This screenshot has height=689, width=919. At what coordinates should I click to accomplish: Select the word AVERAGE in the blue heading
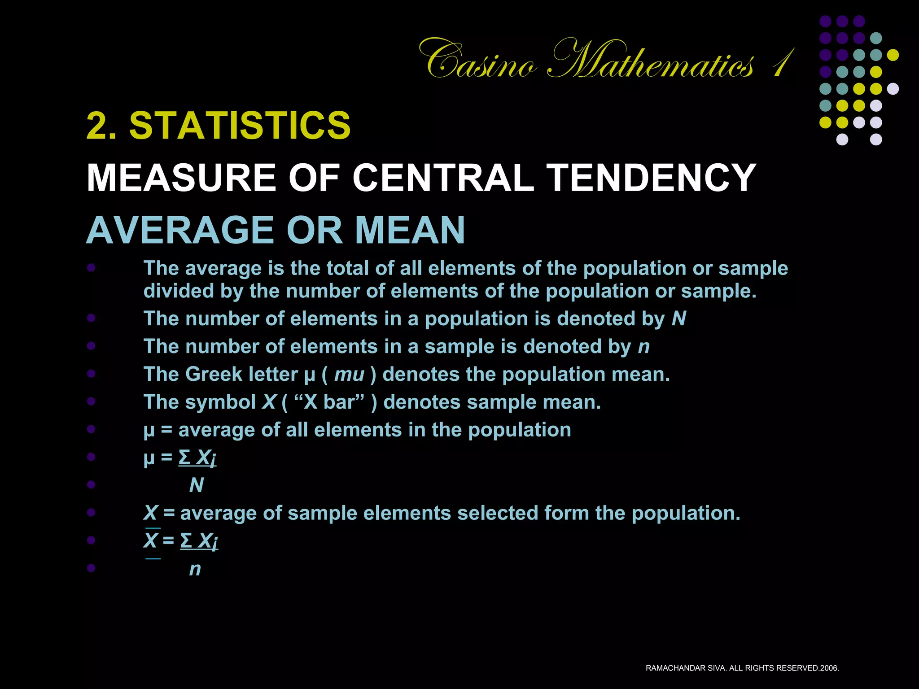(x=180, y=230)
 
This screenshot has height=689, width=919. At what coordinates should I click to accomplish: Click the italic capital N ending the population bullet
(x=679, y=319)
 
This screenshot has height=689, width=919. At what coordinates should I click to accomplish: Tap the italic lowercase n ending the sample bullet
(x=644, y=347)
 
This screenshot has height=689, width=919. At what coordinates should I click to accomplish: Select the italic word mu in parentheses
(x=349, y=375)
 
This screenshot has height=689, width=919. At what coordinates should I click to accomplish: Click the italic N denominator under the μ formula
(x=197, y=485)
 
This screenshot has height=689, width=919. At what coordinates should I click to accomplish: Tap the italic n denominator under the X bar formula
(x=195, y=569)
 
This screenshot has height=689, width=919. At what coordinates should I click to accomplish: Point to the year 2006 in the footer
(x=829, y=668)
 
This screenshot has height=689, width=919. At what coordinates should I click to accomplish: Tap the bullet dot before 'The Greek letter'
(x=92, y=374)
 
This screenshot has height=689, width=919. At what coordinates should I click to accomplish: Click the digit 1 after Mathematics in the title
(x=783, y=63)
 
